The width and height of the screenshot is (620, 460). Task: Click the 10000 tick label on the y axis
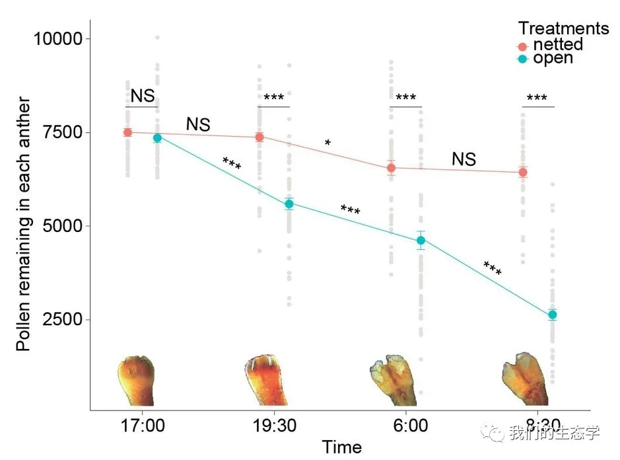(58, 39)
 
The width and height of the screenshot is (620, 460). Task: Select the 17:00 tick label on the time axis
(142, 425)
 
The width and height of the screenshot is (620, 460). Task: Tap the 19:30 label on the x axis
(273, 425)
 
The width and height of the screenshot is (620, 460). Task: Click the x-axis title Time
(341, 447)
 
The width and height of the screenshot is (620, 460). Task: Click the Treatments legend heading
(563, 28)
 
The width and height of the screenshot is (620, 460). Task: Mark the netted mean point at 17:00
(127, 132)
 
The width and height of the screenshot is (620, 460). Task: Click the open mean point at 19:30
(289, 204)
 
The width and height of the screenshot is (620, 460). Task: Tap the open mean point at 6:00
(421, 240)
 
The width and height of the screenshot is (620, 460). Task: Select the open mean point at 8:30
(553, 315)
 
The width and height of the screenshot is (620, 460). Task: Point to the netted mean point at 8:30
(523, 172)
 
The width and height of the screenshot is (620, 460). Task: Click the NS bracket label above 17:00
(142, 96)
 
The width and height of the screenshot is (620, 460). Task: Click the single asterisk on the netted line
(327, 143)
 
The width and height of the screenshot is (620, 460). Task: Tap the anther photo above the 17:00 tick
(137, 380)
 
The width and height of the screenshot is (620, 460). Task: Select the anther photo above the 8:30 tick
(526, 379)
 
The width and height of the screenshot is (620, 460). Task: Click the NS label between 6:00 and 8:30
(464, 159)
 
